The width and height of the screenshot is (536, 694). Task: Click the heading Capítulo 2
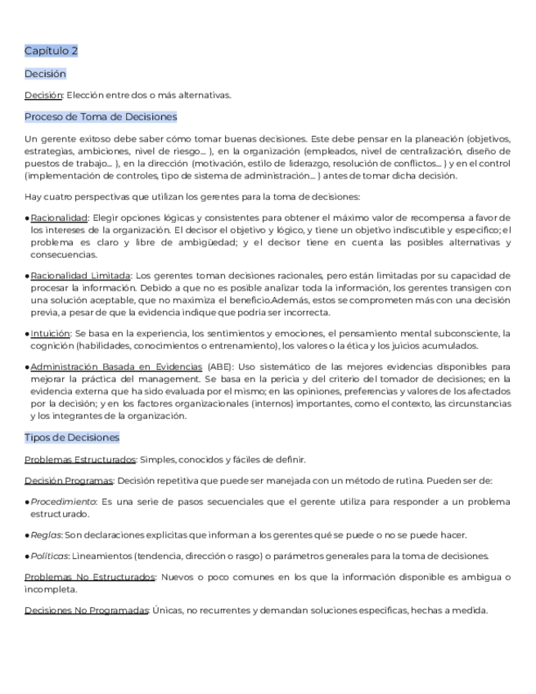point(51,52)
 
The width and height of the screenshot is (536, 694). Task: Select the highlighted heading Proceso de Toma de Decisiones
point(101,117)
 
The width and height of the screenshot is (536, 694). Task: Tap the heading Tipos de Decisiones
point(72,438)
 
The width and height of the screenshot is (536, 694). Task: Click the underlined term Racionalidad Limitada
point(80,276)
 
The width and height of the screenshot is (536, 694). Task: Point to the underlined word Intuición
point(50,334)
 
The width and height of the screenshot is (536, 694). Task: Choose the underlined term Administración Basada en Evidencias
point(115,368)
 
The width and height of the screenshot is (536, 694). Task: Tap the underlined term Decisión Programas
point(69,480)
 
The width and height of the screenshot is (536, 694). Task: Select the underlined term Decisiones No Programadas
point(87,611)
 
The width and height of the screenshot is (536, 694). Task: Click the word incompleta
point(51,589)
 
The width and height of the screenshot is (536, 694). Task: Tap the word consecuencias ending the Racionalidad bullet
point(63,255)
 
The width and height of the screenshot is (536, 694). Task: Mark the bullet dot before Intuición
point(27,334)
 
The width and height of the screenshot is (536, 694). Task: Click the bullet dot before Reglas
point(27,535)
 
